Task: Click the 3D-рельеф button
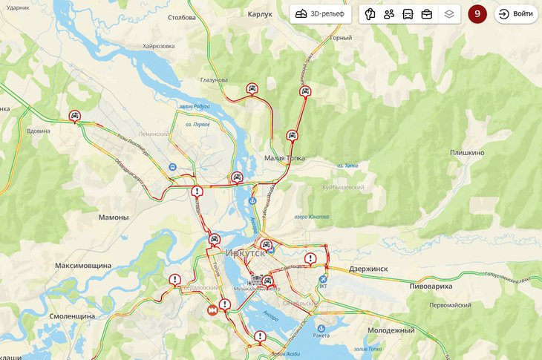pos(320,14)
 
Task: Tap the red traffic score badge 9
pos(477,14)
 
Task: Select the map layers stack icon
pos(448,14)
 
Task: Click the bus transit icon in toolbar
pos(408,14)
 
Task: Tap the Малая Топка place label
pos(285,158)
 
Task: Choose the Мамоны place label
pos(114,217)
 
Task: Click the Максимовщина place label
pos(83,265)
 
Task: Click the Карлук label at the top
pos(261,14)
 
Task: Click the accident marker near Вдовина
pos(74,116)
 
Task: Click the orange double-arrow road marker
pos(213,310)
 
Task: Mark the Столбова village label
pos(182,17)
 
